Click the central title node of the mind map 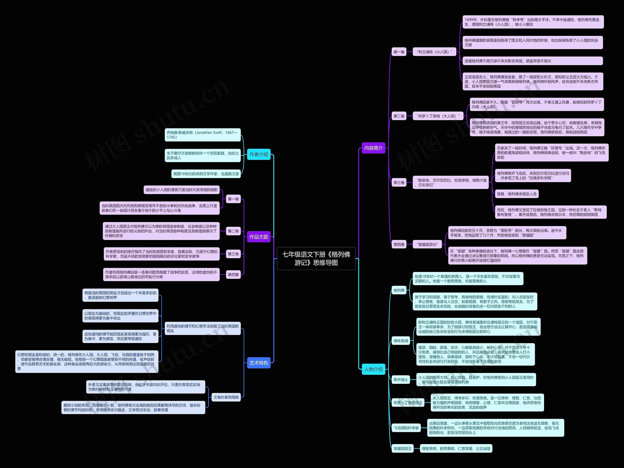316,259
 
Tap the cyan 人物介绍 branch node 373,369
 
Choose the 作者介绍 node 259,154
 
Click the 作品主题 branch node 259,237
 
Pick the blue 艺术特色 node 259,363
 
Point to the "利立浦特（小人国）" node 434,52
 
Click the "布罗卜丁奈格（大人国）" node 438,116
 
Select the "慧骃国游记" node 427,244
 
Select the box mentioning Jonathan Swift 203,135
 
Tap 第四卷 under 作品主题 233,274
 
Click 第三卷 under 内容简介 399,183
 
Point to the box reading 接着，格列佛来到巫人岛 517,194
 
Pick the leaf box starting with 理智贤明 456,448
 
